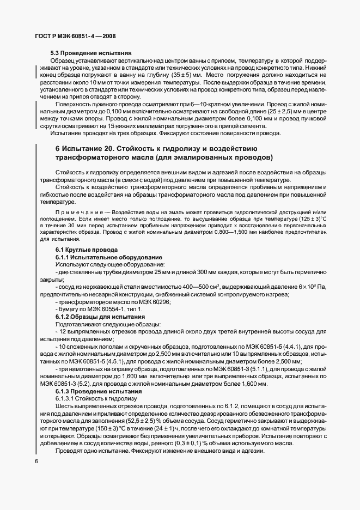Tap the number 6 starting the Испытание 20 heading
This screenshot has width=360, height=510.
tap(58, 148)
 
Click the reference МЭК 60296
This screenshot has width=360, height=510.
tap(155, 301)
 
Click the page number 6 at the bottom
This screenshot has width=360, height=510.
tap(36, 462)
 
